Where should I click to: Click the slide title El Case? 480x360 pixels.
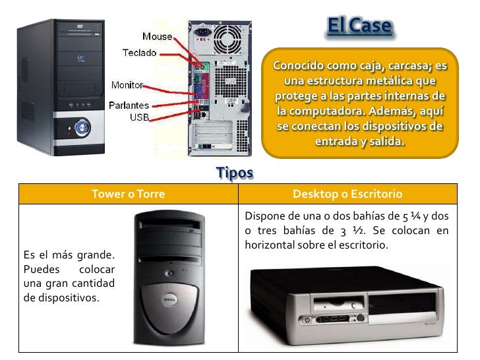point(360,27)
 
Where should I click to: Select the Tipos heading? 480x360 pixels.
point(235,173)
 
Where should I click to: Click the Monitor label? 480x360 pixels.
point(127,85)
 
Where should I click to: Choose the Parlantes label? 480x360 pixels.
point(129,105)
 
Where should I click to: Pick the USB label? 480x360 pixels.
point(138,117)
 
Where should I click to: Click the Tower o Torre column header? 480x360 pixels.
point(128,195)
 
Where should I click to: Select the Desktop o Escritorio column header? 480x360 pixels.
point(347,195)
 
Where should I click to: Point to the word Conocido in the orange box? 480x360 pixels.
point(297,67)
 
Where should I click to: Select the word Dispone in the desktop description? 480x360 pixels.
point(264,216)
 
